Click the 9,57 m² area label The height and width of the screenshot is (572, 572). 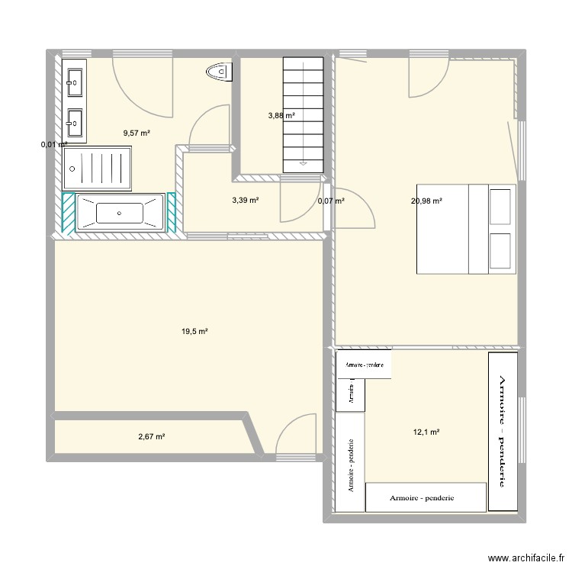point(137,133)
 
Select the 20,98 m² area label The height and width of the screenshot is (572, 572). point(427,201)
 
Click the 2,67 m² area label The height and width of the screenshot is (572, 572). point(152,437)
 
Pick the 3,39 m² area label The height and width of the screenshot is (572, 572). point(246,201)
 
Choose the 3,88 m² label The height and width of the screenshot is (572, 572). point(281,116)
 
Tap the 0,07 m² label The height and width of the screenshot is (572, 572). point(331,201)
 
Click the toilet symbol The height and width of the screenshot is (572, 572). point(218,72)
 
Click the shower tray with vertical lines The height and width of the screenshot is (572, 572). point(96,168)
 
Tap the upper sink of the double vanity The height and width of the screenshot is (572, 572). point(75,79)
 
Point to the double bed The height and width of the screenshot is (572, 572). point(465,227)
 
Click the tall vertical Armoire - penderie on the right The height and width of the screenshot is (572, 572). point(502,430)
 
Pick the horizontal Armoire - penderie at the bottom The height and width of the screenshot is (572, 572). point(426,497)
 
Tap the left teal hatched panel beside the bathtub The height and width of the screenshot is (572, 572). point(68,211)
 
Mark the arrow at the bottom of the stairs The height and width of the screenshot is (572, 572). point(304,162)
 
